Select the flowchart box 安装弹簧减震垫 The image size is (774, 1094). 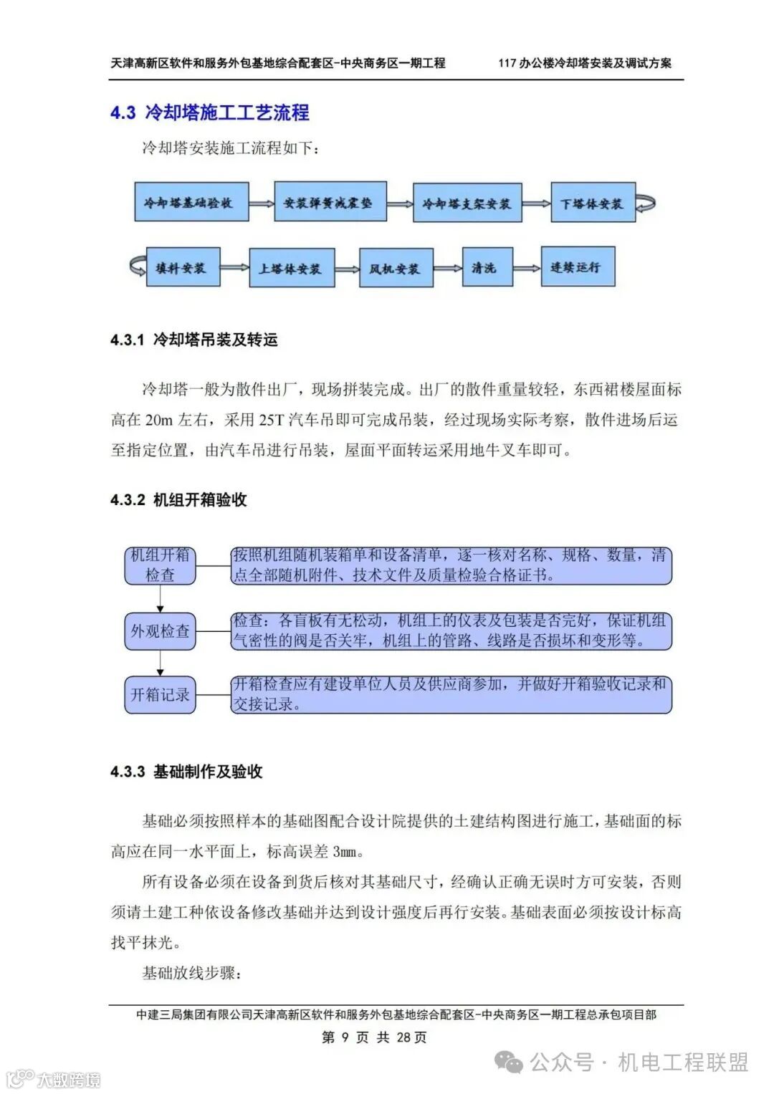330,202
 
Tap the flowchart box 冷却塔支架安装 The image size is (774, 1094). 467,203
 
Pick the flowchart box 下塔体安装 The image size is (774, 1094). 593,203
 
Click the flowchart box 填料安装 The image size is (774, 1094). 183,268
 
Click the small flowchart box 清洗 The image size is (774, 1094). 487,268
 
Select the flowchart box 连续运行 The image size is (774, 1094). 577,267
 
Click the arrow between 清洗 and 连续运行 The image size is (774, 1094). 527,268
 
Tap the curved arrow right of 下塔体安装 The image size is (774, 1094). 646,203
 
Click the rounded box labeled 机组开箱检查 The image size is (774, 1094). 160,565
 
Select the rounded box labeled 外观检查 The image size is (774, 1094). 160,631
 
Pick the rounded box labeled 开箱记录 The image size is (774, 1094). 160,694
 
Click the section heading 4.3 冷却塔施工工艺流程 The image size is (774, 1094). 210,112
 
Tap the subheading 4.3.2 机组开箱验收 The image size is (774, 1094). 178,500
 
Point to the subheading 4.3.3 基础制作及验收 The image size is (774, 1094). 186,772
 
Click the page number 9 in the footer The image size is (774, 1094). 345,1037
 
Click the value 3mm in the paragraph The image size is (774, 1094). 348,852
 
